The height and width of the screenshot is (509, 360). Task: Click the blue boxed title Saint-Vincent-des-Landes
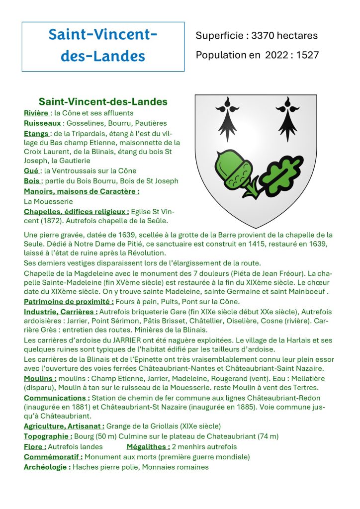coord(103,45)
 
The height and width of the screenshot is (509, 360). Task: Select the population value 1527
coord(308,55)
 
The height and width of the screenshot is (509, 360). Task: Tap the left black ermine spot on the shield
coord(228,118)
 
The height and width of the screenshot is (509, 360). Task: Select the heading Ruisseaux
coord(43,123)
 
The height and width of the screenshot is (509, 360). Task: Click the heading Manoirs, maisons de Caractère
coord(82,191)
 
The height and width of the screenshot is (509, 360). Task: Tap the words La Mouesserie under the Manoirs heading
coord(48,201)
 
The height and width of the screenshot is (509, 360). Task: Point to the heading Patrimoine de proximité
coord(69,301)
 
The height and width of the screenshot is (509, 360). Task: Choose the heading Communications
coord(57,398)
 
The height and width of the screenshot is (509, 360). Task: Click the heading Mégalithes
coord(148,446)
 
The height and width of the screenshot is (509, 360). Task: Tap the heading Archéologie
coord(47,467)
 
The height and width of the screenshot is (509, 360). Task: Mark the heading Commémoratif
coord(53,456)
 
